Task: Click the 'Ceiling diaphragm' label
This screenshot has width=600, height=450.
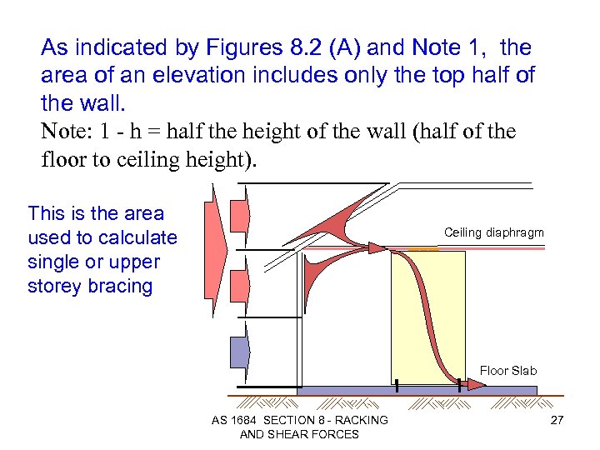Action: point(493,232)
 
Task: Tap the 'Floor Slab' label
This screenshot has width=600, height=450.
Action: point(508,371)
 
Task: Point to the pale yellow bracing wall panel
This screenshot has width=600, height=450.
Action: point(427,317)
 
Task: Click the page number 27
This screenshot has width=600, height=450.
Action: point(557,420)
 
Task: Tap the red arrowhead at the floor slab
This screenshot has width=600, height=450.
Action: point(474,384)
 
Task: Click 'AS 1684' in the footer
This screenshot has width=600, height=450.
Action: point(235,420)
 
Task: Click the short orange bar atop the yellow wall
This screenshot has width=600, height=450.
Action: point(422,249)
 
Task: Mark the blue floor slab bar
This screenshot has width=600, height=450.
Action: point(417,390)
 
